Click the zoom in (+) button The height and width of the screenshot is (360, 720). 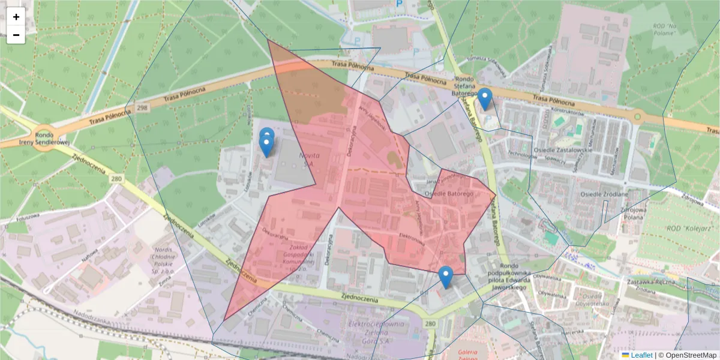(x=16, y=17)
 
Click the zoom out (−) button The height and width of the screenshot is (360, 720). (x=16, y=35)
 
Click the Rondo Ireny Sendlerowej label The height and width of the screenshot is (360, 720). (x=44, y=139)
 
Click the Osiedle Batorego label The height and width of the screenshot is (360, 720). (x=449, y=194)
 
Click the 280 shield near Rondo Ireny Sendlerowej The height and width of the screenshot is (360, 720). (x=116, y=178)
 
